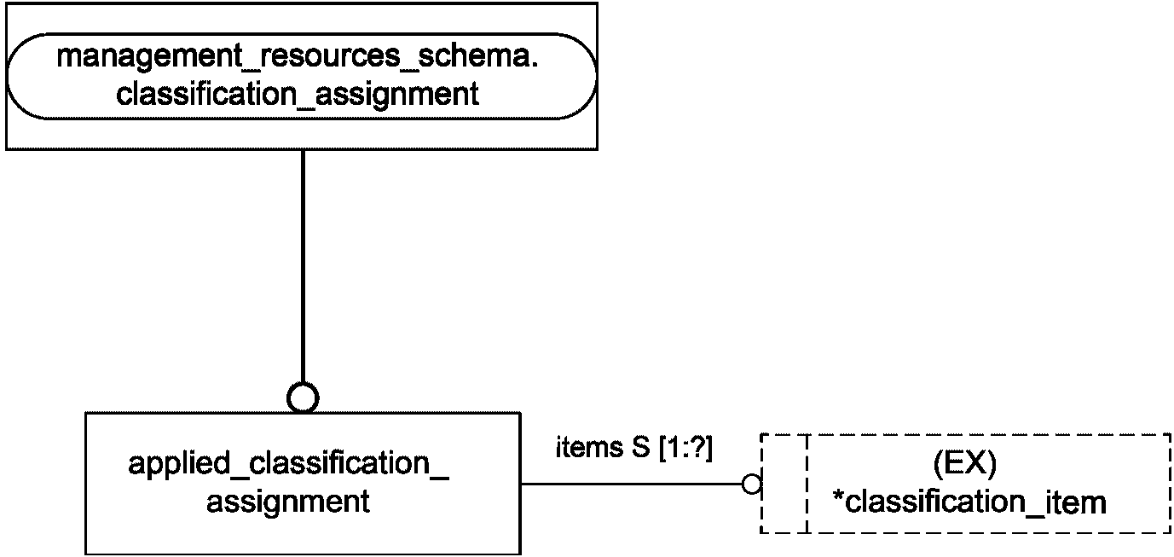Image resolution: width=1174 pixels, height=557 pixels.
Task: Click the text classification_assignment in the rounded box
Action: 298,95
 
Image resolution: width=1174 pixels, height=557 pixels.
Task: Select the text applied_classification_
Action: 289,464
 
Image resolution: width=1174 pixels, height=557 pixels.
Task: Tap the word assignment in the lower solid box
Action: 288,502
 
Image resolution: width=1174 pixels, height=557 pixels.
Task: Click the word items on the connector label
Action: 589,447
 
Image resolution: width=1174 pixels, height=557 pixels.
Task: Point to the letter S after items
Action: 641,447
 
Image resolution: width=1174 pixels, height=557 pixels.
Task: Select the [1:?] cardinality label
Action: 685,449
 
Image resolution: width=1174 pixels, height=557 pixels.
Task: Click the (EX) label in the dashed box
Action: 965,464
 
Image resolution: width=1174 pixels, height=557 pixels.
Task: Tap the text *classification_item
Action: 969,502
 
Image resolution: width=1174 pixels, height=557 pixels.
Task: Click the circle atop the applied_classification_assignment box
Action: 303,397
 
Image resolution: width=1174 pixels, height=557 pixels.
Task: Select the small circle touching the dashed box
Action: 752,484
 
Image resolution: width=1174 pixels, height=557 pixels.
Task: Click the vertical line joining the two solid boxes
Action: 303,266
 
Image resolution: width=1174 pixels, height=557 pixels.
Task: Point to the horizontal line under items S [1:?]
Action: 632,484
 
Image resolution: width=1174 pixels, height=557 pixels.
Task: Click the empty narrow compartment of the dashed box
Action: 784,483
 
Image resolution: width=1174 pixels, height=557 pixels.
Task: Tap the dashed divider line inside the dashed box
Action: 807,483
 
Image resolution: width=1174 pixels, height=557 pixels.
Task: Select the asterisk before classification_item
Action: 837,495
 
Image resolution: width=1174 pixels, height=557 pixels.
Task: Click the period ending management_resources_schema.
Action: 535,65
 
